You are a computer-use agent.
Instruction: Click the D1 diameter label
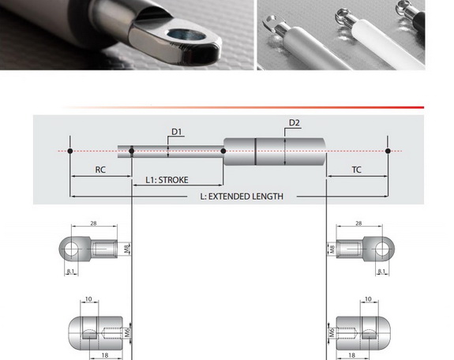(177, 132)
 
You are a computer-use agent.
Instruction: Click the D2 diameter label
(295, 123)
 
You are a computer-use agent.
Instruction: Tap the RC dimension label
(100, 170)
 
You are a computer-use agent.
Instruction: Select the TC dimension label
(356, 170)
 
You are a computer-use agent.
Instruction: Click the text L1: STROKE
(167, 180)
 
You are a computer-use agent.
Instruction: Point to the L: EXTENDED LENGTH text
(242, 197)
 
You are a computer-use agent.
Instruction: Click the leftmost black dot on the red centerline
(69, 151)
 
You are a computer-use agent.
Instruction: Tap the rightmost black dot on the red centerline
(388, 151)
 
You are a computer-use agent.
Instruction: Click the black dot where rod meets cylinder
(223, 151)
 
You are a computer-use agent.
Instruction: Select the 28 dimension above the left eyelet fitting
(93, 223)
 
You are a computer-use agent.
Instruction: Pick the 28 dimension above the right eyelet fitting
(358, 223)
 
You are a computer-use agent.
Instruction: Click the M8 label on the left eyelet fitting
(127, 249)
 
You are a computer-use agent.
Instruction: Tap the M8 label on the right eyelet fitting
(332, 249)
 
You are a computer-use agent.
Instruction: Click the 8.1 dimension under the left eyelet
(70, 272)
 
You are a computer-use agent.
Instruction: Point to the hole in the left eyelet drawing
(71, 249)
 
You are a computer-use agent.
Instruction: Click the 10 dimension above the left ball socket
(88, 299)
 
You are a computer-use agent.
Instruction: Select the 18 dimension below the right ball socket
(351, 355)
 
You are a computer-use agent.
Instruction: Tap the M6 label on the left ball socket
(127, 333)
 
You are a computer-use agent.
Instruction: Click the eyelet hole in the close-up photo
(186, 35)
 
